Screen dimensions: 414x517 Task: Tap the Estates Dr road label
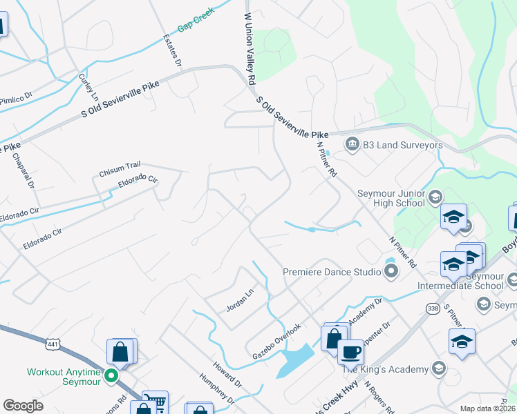172,50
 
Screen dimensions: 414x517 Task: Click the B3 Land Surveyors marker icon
352,144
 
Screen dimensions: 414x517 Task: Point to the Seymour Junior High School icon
435,197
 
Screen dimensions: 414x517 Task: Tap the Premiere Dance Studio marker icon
391,270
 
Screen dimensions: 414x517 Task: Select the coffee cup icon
350,352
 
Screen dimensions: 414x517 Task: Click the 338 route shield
433,308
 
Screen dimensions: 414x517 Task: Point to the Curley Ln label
89,86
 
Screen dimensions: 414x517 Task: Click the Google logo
23,406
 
